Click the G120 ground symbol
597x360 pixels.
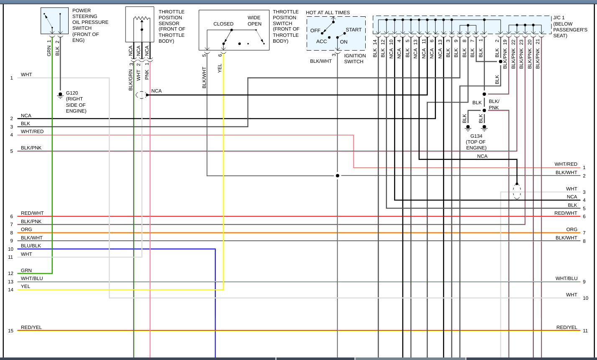[x=60, y=96]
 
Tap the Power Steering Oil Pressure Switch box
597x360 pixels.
[x=54, y=21]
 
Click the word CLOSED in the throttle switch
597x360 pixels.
[x=223, y=24]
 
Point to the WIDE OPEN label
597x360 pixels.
[x=254, y=21]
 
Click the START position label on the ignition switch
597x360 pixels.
[x=354, y=30]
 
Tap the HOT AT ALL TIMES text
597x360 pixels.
[x=328, y=13]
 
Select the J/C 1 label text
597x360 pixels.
[x=559, y=18]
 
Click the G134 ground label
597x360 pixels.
[x=476, y=136]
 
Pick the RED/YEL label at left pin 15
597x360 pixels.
[x=31, y=327]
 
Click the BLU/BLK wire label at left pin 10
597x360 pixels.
[x=31, y=246]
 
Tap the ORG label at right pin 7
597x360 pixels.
[x=572, y=229]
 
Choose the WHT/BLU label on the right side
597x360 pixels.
[x=566, y=278]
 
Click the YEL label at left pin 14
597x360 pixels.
[x=26, y=286]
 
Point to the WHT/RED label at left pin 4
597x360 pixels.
[x=32, y=131]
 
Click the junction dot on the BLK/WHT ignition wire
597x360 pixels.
[x=338, y=176]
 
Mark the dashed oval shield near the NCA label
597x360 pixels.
[x=141, y=95]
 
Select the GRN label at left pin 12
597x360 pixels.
[x=26, y=270]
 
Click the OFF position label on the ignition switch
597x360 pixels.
[x=315, y=31]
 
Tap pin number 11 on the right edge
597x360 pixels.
[x=585, y=331]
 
